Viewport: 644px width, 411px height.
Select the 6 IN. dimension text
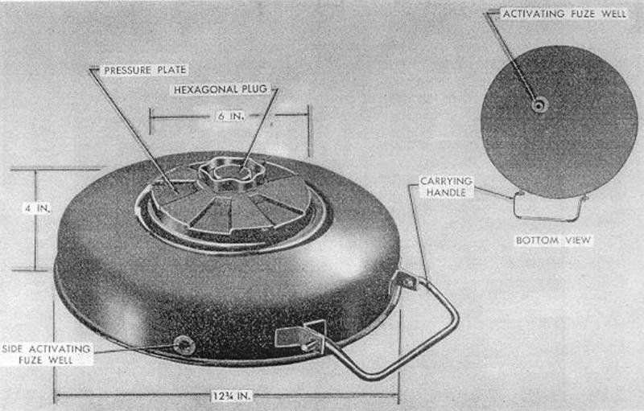(x=227, y=117)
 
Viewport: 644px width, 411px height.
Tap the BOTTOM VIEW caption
(x=552, y=240)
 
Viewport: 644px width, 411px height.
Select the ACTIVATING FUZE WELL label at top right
(x=560, y=14)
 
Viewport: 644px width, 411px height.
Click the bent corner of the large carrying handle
(x=452, y=318)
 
